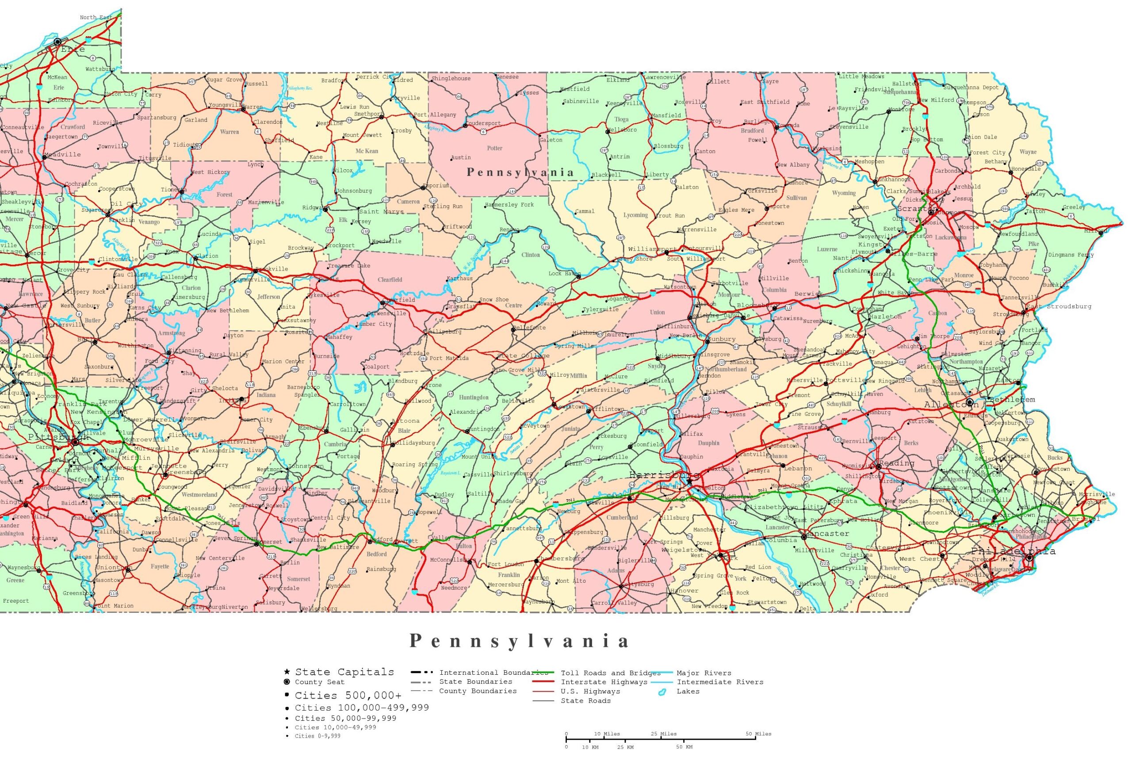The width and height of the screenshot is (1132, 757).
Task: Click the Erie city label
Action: click(73, 49)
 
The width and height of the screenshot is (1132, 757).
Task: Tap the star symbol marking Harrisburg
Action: click(689, 482)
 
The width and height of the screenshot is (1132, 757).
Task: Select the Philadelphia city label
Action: click(1013, 551)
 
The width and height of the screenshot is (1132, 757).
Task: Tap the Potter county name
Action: click(494, 148)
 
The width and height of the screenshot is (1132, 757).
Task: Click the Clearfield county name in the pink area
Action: click(390, 279)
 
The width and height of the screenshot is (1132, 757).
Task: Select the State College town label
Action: click(523, 356)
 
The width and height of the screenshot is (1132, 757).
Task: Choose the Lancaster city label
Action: click(827, 533)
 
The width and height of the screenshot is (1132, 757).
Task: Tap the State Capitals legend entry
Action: click(344, 672)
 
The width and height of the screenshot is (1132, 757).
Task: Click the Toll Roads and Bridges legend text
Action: click(610, 673)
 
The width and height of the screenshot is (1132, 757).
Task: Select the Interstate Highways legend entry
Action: click(604, 682)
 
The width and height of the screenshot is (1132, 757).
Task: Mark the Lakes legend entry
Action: click(688, 692)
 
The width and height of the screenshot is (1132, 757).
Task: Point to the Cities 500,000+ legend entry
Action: click(348, 696)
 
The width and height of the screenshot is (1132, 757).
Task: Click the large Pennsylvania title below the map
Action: click(520, 641)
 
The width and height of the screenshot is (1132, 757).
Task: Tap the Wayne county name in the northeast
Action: click(1028, 152)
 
